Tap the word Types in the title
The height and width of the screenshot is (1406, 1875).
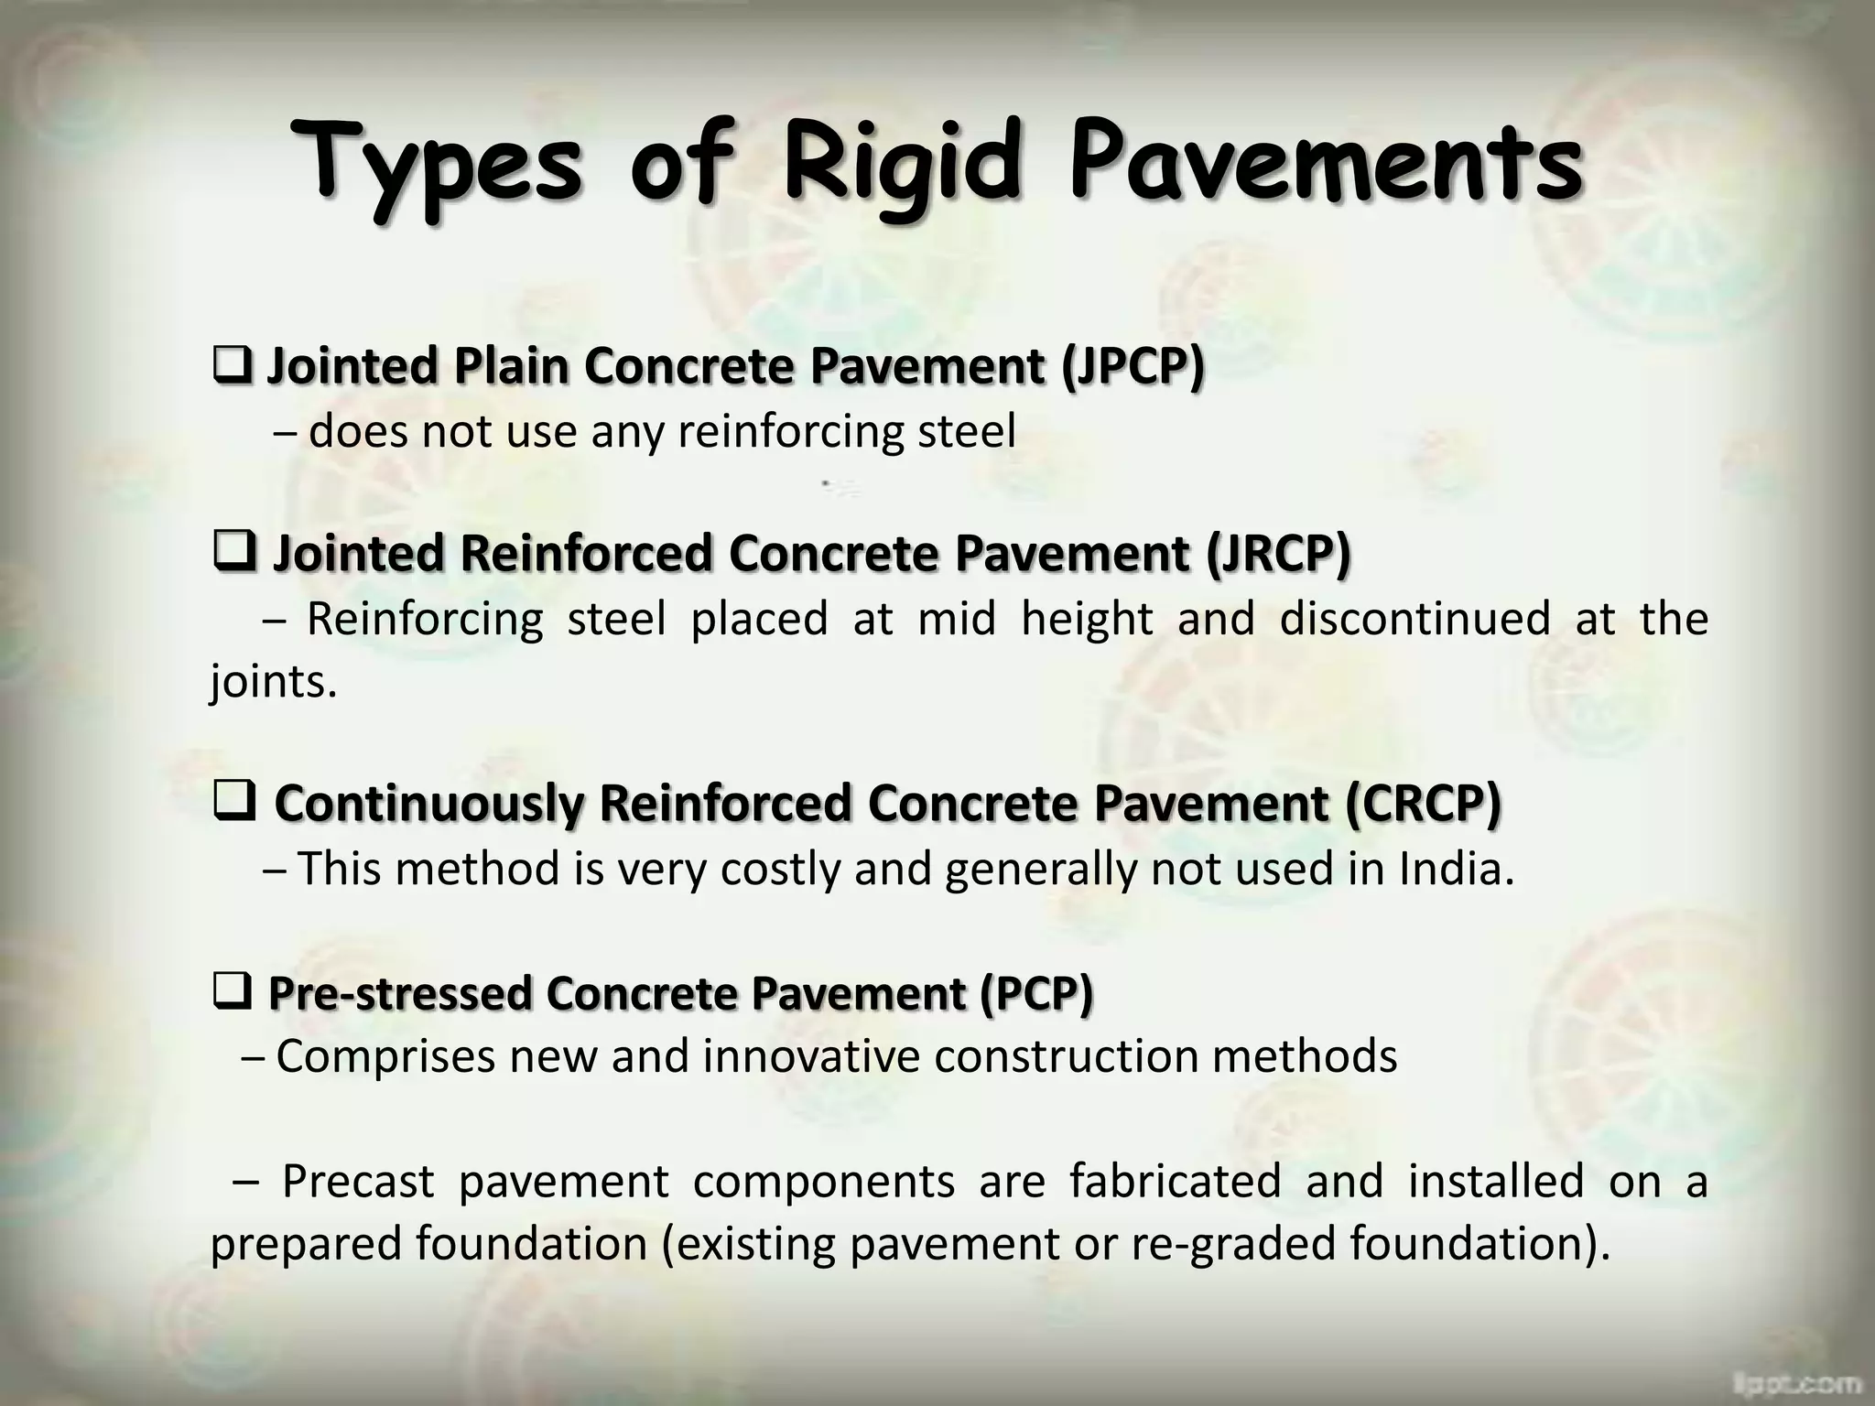(437, 165)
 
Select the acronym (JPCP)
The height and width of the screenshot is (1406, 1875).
(1133, 366)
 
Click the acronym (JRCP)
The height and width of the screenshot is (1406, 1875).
(1277, 554)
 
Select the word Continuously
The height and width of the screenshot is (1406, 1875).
(428, 803)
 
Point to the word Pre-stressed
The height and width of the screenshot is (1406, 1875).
(400, 993)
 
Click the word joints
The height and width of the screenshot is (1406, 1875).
(273, 682)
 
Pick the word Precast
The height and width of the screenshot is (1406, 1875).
(358, 1181)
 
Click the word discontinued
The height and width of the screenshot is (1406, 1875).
(1414, 619)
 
